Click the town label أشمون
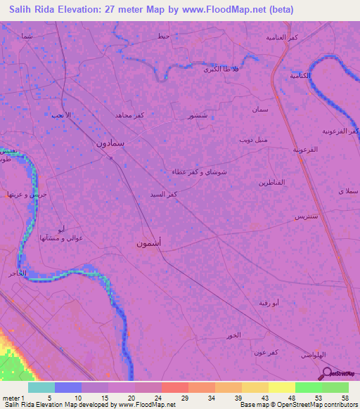click(150, 243)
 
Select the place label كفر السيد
click(163, 193)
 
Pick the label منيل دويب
click(252, 140)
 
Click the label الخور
click(234, 335)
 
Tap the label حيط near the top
click(163, 36)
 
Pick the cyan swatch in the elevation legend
click(41, 387)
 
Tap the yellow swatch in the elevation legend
click(281, 387)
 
